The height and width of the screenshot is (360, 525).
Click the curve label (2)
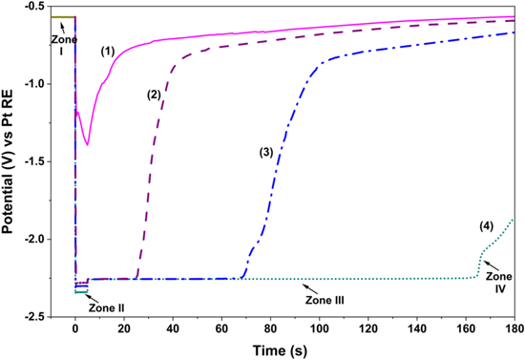155,95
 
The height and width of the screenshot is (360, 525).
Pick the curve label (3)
267,152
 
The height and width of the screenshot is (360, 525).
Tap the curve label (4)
487,226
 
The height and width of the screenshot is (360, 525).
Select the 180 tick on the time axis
514,328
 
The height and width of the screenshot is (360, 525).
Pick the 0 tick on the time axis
75,328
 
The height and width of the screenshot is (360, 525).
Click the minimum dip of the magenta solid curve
88,144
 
